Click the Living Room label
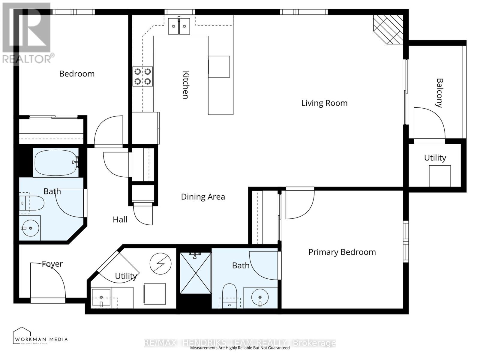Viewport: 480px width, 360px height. click(x=324, y=103)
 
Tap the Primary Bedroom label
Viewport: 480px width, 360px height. click(x=342, y=252)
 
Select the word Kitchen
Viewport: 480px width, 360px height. click(x=186, y=85)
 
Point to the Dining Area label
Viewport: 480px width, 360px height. click(x=203, y=197)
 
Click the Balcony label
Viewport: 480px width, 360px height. click(x=439, y=93)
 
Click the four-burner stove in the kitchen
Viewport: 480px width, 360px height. click(x=142, y=76)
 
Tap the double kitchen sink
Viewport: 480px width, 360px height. click(x=179, y=26)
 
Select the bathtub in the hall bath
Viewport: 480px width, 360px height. click(x=55, y=162)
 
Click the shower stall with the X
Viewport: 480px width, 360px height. click(x=196, y=273)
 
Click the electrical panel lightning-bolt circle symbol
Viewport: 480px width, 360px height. click(x=160, y=264)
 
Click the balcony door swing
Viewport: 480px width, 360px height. click(x=428, y=123)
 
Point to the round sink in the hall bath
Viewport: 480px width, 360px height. click(x=30, y=228)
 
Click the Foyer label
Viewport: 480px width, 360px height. click(x=52, y=264)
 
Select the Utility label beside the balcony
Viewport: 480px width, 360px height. click(x=435, y=158)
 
